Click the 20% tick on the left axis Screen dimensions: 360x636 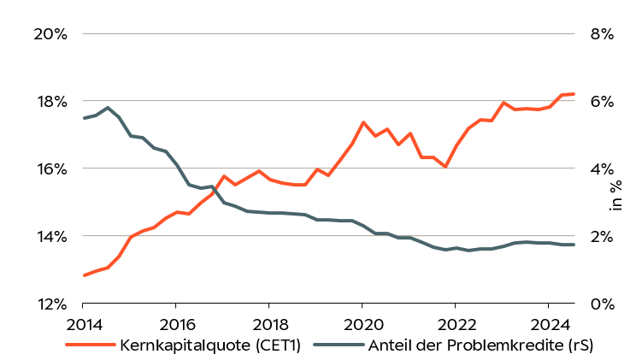pos(50,34)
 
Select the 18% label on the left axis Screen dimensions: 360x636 pos(50,101)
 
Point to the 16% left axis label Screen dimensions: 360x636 pos(50,168)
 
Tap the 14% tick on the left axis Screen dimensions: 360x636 pos(50,236)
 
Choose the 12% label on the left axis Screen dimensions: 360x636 pos(50,304)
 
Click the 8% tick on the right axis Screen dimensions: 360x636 pos(602,34)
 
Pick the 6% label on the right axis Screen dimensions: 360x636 pos(602,101)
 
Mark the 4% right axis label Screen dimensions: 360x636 pos(602,168)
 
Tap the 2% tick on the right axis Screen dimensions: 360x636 pos(602,236)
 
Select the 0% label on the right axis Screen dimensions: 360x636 pos(602,304)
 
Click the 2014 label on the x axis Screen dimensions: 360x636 pos(83,326)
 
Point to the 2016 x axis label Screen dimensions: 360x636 pos(175,326)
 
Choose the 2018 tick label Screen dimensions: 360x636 pos(268,326)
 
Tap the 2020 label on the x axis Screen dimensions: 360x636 pos(362,326)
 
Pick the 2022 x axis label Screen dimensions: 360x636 pos(455,326)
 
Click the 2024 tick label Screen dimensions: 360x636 pos(548,326)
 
